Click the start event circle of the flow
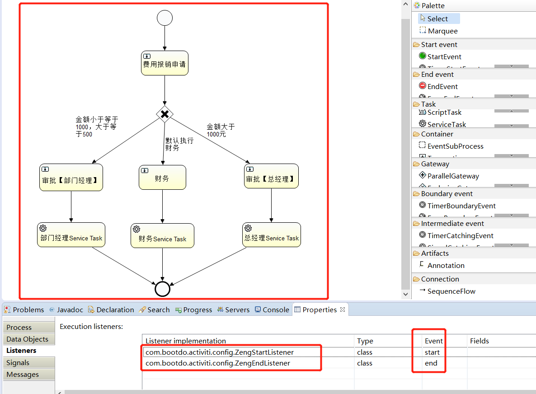[x=165, y=18]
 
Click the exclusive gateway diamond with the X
[x=165, y=114]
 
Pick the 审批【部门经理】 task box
[x=71, y=177]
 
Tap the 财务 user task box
[x=162, y=177]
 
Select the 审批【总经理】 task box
[x=271, y=176]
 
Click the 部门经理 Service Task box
[x=71, y=235]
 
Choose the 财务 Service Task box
[x=162, y=235]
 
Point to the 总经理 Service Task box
[x=271, y=235]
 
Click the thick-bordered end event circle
[x=162, y=289]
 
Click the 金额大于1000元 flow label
[x=220, y=131]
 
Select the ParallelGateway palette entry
[x=453, y=176]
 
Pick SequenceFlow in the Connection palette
[x=451, y=291]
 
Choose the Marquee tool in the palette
[x=442, y=31]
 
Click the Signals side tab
[x=18, y=363]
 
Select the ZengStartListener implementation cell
[x=220, y=352]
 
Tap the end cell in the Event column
[x=431, y=363]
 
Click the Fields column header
[x=479, y=341]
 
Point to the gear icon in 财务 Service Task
[x=136, y=229]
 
